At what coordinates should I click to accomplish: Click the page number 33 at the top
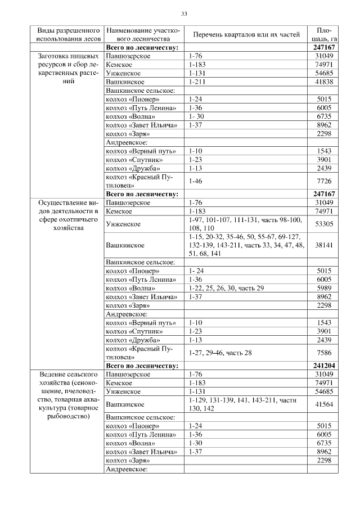click(184, 13)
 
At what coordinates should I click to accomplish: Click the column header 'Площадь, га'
click(323, 34)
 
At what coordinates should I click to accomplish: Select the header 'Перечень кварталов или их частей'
click(245, 34)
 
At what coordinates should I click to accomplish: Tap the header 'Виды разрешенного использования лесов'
click(69, 34)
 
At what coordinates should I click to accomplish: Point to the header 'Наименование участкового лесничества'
click(143, 34)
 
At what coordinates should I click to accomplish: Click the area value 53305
click(323, 224)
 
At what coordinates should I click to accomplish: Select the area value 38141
click(323, 245)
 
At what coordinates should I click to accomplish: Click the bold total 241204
click(323, 366)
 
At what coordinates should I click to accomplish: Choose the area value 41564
click(323, 404)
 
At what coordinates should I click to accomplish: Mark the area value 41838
click(323, 82)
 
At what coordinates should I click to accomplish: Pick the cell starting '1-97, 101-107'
click(245, 224)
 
